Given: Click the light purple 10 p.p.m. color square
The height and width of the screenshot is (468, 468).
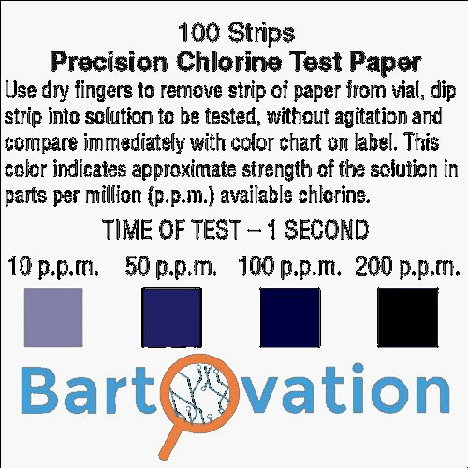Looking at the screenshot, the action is point(53,317).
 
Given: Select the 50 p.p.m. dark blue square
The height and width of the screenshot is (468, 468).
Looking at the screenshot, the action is point(171,317).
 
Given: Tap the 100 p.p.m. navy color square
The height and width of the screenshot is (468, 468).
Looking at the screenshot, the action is point(290,317).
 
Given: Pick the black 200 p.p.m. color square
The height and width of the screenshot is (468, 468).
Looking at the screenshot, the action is point(408,317).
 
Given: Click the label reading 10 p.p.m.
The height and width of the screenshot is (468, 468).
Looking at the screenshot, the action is point(53,267).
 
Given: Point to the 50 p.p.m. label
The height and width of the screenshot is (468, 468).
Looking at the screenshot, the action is point(171,267).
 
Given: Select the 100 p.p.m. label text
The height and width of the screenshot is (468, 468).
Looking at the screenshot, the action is point(289,267).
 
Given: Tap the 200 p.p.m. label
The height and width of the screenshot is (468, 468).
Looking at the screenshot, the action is point(407,267).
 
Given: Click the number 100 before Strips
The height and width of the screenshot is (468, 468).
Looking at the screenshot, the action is point(198,33).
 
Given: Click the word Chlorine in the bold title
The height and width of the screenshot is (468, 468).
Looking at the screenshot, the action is point(229,62).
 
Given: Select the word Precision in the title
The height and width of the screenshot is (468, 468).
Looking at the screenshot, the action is point(110,62).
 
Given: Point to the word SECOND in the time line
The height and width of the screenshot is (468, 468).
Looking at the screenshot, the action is point(327,229).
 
